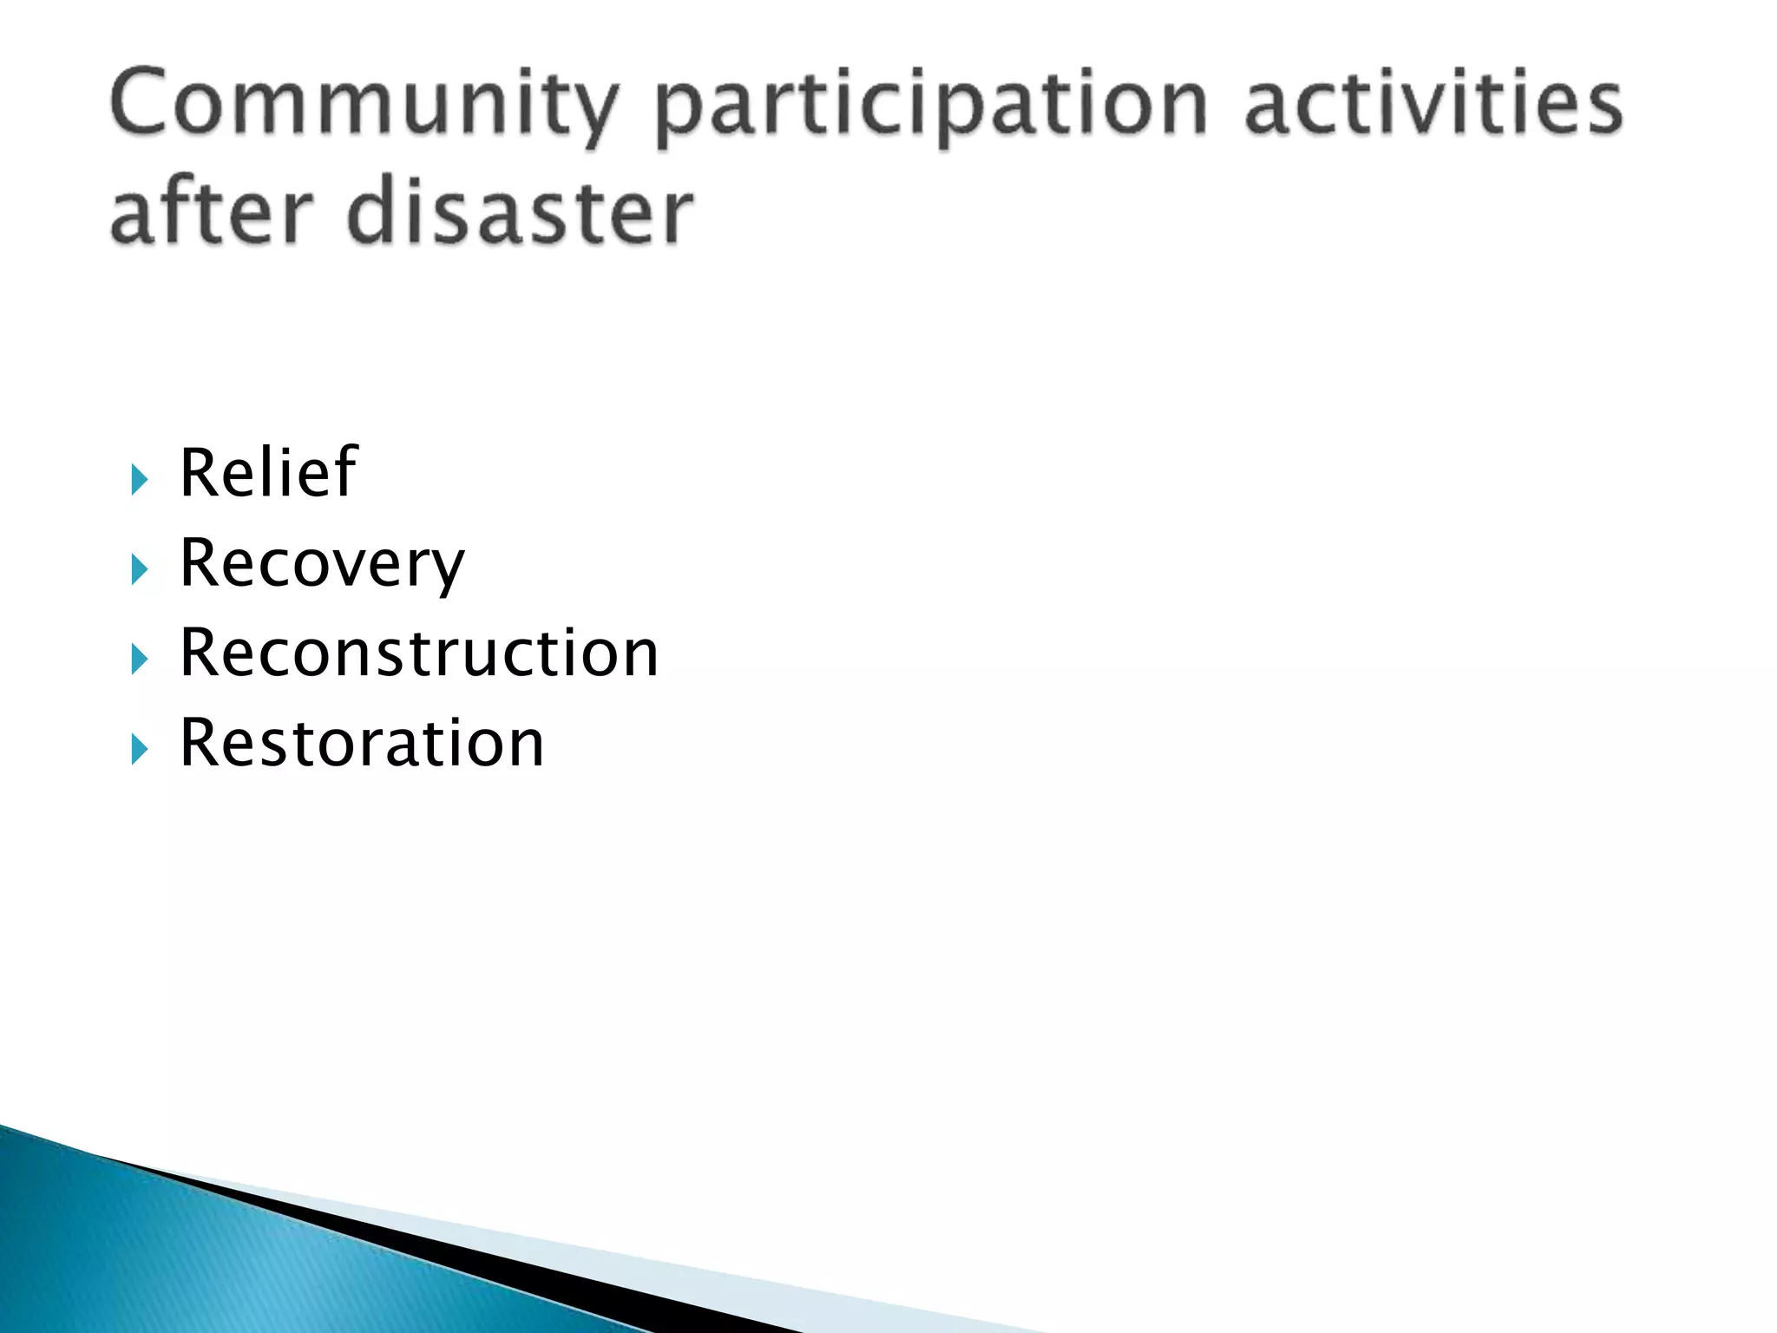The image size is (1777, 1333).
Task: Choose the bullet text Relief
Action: pos(268,473)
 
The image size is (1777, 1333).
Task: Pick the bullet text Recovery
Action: pos(322,564)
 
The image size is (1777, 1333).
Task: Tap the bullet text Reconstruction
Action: pos(419,653)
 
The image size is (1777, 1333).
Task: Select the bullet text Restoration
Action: pos(362,744)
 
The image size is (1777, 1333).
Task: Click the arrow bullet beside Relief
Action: pos(140,479)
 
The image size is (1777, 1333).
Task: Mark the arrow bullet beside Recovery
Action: pos(140,570)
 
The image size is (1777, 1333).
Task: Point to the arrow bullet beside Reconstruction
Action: pos(140,660)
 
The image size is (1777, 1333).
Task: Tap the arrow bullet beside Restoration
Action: pos(140,749)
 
